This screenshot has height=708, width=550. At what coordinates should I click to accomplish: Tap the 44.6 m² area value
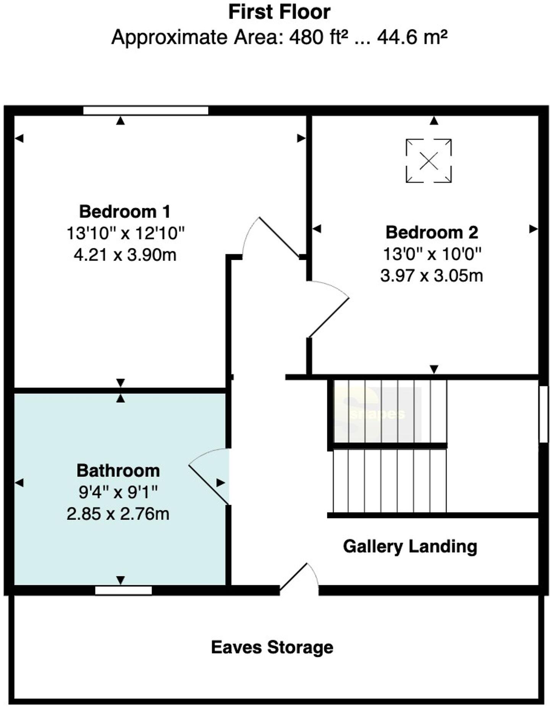[x=412, y=37]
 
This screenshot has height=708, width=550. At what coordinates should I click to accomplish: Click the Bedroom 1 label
[x=125, y=211]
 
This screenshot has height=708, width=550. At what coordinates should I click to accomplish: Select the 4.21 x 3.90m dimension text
[x=125, y=254]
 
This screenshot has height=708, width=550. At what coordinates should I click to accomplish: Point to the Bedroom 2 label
[x=432, y=232]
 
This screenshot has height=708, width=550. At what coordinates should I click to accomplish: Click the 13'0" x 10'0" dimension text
[x=432, y=254]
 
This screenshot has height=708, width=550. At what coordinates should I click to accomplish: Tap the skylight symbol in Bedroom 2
[x=429, y=161]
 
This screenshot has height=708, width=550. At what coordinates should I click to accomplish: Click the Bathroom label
[x=118, y=470]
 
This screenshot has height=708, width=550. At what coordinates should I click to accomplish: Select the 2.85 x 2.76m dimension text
[x=118, y=514]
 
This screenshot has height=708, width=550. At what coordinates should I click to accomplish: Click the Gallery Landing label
[x=410, y=546]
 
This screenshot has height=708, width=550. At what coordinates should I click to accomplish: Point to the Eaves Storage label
[x=272, y=647]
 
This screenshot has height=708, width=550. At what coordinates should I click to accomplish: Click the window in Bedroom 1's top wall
[x=146, y=111]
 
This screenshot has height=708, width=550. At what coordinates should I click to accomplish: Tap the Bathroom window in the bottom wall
[x=123, y=590]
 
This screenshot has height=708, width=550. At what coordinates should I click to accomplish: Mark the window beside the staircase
[x=543, y=414]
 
